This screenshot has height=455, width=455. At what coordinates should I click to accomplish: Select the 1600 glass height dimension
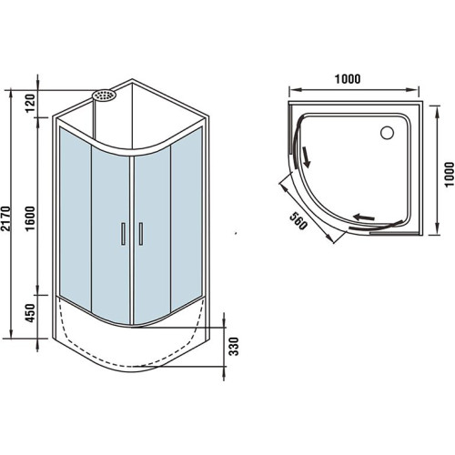pyautogui.click(x=31, y=218)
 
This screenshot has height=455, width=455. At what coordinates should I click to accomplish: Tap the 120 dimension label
pyautogui.click(x=31, y=103)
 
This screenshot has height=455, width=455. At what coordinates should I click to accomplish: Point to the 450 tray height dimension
pyautogui.click(x=31, y=313)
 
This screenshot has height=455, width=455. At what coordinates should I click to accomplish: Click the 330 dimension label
pyautogui.click(x=234, y=346)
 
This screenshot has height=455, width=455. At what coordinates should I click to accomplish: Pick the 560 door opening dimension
pyautogui.click(x=298, y=220)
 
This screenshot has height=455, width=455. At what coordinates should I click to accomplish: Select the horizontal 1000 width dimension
pyautogui.click(x=348, y=79)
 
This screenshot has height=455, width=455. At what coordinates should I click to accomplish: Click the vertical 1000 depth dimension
pyautogui.click(x=450, y=175)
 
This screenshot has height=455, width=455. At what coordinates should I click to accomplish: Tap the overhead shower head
pyautogui.click(x=104, y=95)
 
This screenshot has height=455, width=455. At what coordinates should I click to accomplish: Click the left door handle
pyautogui.click(x=123, y=234)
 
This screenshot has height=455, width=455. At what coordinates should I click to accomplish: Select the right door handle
pyautogui.click(x=141, y=234)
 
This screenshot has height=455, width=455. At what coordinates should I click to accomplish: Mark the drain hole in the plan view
pyautogui.click(x=388, y=133)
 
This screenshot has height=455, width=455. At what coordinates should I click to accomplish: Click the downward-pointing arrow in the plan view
pyautogui.click(x=306, y=157)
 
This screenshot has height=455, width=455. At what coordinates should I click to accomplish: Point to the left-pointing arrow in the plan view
pyautogui.click(x=364, y=217)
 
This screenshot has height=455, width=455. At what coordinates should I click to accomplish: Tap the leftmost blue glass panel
pyautogui.click(x=76, y=218)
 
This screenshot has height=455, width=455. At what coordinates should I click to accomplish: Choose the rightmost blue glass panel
pyautogui.click(x=187, y=218)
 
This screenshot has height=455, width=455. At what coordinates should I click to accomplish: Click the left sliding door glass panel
pyautogui.click(x=110, y=235)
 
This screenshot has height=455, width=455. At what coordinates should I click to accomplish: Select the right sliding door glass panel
pyautogui.click(x=152, y=235)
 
